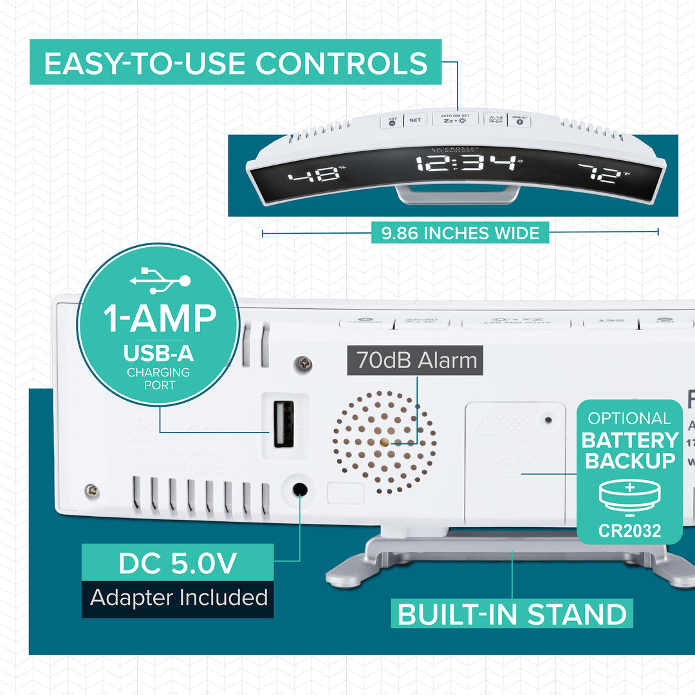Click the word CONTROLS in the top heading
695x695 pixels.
point(341,63)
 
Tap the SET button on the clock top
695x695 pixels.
point(416,120)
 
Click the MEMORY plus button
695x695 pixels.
point(519,119)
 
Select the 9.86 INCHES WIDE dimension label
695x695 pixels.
point(460,232)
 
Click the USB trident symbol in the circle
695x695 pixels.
point(160,280)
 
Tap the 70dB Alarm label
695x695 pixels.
point(416,361)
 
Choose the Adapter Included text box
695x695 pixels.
point(178,598)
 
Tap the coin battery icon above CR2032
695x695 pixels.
point(629,499)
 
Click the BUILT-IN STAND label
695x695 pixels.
point(512,614)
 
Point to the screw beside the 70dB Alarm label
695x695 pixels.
point(304,364)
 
